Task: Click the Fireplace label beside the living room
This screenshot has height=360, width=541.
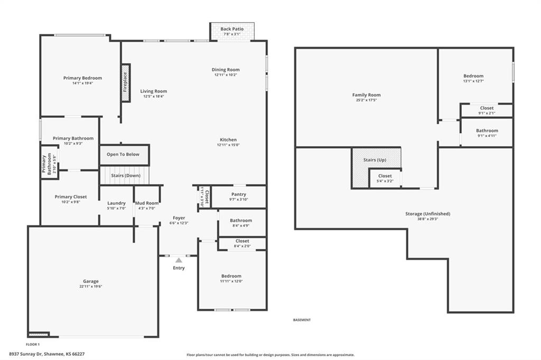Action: click(x=125, y=83)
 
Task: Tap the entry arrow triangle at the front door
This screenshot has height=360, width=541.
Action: click(x=179, y=260)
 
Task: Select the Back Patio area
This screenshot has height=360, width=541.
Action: click(x=232, y=32)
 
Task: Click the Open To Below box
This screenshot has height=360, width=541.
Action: click(x=125, y=155)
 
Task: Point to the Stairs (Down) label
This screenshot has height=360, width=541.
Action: click(x=126, y=176)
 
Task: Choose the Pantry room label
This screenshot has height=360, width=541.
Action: click(x=239, y=194)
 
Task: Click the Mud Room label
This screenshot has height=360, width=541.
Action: click(x=147, y=203)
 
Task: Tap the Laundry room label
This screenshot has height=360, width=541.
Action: click(x=116, y=203)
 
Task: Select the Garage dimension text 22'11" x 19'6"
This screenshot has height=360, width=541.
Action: click(x=91, y=287)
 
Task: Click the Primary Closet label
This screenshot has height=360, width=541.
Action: click(x=71, y=197)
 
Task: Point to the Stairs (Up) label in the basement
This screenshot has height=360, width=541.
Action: click(x=375, y=160)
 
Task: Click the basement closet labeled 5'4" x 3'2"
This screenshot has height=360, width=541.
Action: click(x=385, y=178)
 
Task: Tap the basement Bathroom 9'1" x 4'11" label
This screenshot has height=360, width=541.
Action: click(x=487, y=131)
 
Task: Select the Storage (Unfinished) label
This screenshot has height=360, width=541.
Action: click(x=428, y=214)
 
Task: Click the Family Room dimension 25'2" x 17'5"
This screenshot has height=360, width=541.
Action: click(x=367, y=100)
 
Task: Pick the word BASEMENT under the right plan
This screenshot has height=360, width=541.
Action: click(x=302, y=320)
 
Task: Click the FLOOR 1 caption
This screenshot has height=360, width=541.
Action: click(x=33, y=345)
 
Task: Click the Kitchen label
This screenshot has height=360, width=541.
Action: click(x=228, y=140)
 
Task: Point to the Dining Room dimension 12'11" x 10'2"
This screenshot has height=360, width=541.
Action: click(x=226, y=75)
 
